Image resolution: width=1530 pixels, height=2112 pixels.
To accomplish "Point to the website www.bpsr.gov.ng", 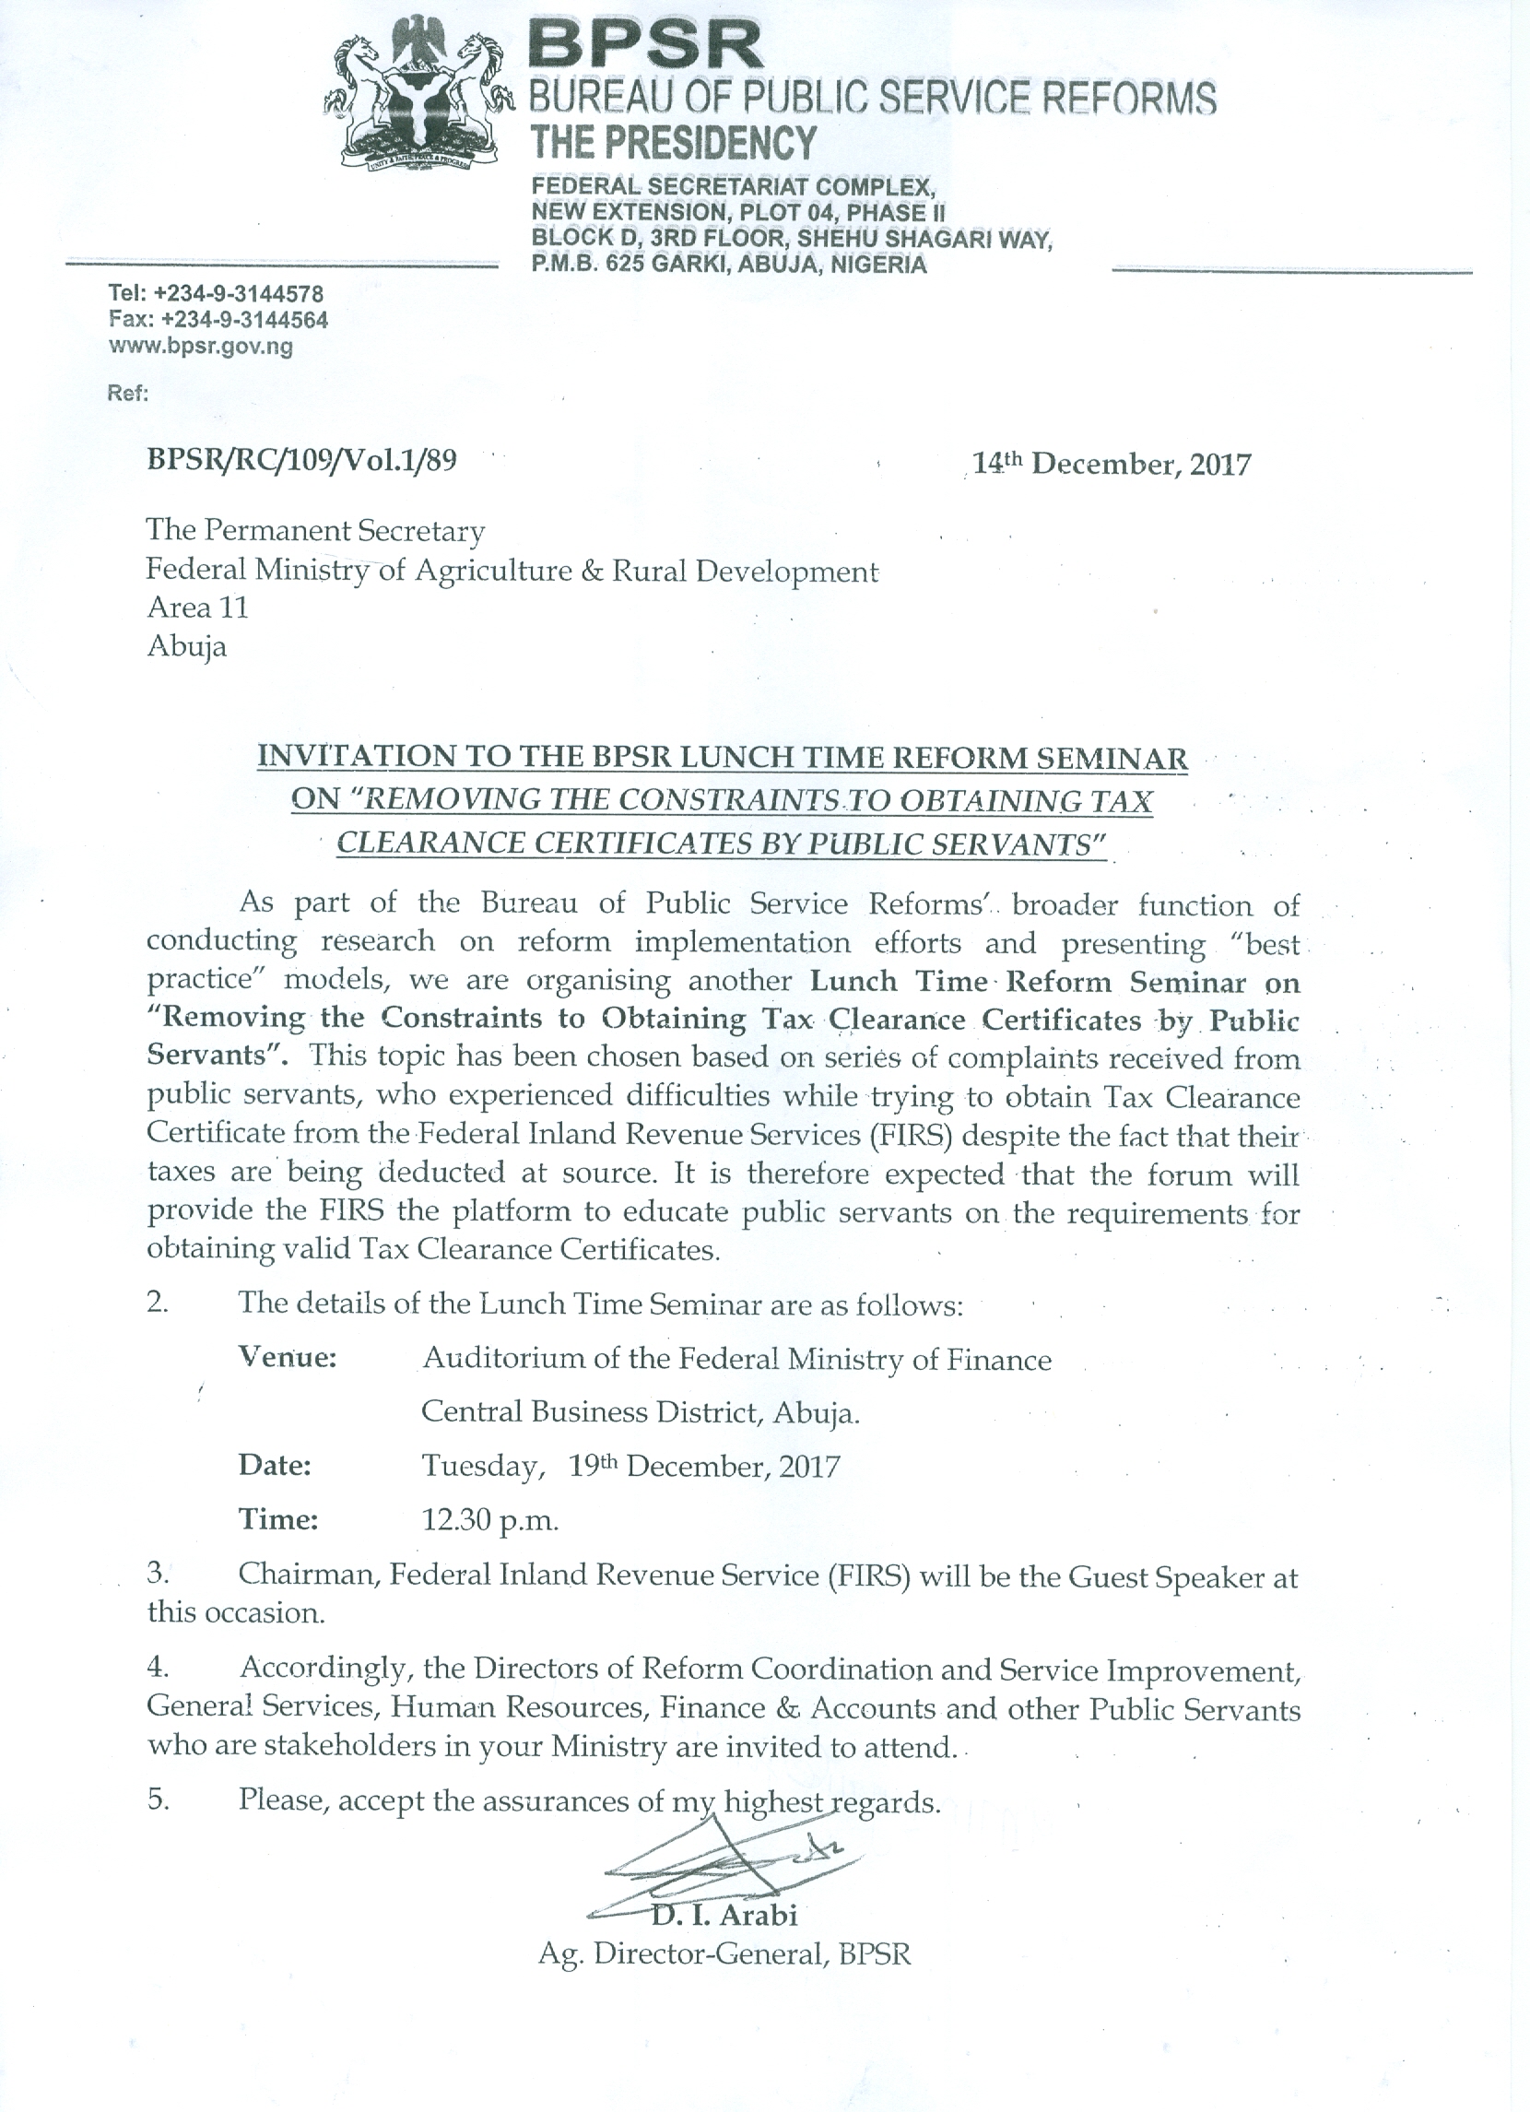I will coord(201,348).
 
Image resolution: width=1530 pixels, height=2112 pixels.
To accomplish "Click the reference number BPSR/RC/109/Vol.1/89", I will coord(301,461).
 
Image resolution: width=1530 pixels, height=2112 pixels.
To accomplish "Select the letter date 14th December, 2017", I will coord(1112,463).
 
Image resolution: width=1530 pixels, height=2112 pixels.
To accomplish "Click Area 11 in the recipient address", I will coord(197,608).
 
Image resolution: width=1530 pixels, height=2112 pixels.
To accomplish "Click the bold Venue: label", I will coord(288,1358).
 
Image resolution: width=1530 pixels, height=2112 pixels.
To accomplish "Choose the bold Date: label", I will coord(275,1466).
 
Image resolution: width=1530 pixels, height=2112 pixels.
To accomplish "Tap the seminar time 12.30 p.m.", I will coord(489,1521).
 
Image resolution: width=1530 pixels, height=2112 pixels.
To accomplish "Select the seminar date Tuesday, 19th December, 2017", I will coord(630,1467).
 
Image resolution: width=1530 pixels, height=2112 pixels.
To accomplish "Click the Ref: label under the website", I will coord(128,393).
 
